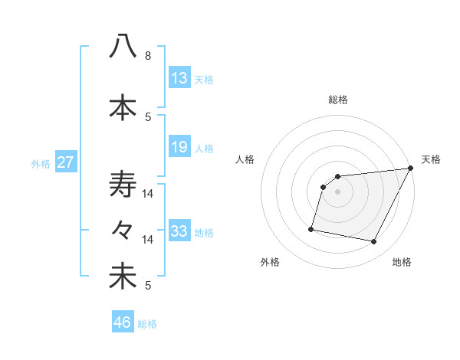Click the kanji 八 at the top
point(123,46)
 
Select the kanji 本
point(123,107)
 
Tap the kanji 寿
point(123,185)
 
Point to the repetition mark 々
point(123,230)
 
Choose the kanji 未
point(123,277)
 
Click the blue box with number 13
point(179,78)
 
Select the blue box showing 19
point(179,147)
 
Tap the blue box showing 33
point(179,231)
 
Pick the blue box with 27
point(66,162)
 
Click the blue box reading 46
point(123,322)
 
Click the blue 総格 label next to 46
point(147,324)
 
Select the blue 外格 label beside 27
point(40,163)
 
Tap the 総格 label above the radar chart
point(338,100)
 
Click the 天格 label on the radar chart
point(431,159)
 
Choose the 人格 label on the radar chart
point(245,159)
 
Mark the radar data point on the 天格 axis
point(411,169)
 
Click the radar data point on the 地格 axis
point(374,242)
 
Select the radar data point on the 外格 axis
point(311,228)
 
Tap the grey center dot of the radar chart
point(338,192)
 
